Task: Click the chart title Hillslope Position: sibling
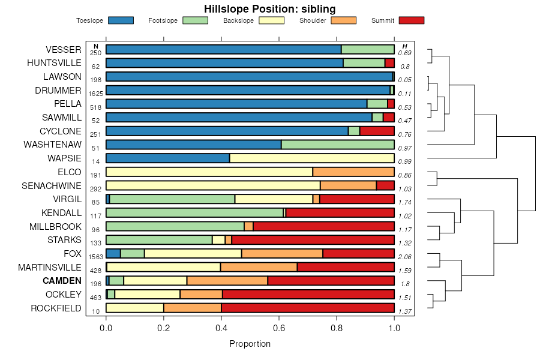(x=269, y=8)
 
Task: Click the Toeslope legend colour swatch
(x=121, y=20)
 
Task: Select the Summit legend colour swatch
(x=412, y=20)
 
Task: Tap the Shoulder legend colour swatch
(x=344, y=20)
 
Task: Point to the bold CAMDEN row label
(x=62, y=281)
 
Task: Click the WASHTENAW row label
(x=52, y=145)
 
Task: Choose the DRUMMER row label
(x=58, y=91)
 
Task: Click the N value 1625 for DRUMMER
(x=96, y=94)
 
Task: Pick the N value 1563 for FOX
(x=96, y=257)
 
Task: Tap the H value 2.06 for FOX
(x=405, y=257)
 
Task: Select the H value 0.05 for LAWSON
(x=405, y=80)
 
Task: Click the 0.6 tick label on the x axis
(x=279, y=328)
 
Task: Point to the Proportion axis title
(x=250, y=344)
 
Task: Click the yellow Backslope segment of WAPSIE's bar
(x=312, y=158)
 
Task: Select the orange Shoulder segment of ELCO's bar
(x=353, y=172)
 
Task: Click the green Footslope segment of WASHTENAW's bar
(x=338, y=145)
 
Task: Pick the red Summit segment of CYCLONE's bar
(x=377, y=131)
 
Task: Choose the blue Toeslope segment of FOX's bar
(x=113, y=253)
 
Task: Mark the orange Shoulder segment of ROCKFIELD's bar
(x=193, y=308)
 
